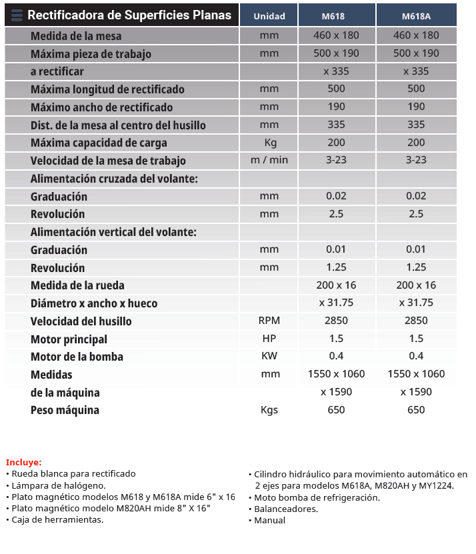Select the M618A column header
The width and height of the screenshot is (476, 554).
click(x=416, y=16)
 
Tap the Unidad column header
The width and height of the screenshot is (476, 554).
click(x=269, y=16)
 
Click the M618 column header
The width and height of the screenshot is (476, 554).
click(x=336, y=16)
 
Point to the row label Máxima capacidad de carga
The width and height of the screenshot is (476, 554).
click(x=99, y=143)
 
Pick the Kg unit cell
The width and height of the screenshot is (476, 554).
click(x=269, y=143)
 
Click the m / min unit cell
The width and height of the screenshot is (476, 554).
click(x=269, y=160)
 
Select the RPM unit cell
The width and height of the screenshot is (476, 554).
click(x=269, y=321)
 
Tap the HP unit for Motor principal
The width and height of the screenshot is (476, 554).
click(x=269, y=339)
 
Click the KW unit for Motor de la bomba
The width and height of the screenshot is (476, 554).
click(x=269, y=356)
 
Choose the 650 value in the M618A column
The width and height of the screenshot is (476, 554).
click(x=416, y=410)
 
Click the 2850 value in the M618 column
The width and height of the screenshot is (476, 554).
click(x=336, y=321)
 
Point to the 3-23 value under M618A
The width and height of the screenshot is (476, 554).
click(x=416, y=160)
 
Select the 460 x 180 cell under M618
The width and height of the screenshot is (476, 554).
click(x=336, y=35)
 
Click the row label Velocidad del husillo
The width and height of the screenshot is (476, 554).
click(x=81, y=321)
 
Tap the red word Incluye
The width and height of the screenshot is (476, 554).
click(x=23, y=462)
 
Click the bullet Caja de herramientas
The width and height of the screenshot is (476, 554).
click(x=57, y=520)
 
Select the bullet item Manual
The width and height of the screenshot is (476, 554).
click(x=269, y=520)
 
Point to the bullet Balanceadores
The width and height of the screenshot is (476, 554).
click(x=286, y=509)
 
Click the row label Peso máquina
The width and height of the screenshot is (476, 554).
click(x=65, y=410)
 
